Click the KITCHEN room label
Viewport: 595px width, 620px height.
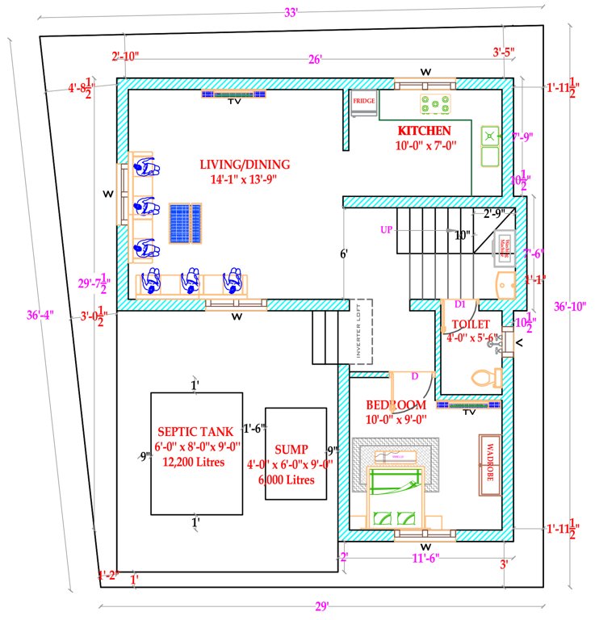(x=424, y=130)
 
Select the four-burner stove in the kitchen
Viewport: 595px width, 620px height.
(x=434, y=104)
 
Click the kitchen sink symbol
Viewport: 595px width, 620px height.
(x=490, y=145)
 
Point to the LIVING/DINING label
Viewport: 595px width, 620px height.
(x=245, y=165)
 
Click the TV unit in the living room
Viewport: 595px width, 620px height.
(x=234, y=94)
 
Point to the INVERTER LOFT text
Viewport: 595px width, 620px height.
(x=361, y=331)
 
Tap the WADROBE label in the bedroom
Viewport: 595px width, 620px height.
(x=490, y=459)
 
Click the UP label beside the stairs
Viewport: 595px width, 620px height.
(x=386, y=230)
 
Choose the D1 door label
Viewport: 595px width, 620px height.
(x=460, y=304)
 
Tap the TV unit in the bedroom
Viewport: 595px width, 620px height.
(x=469, y=404)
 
